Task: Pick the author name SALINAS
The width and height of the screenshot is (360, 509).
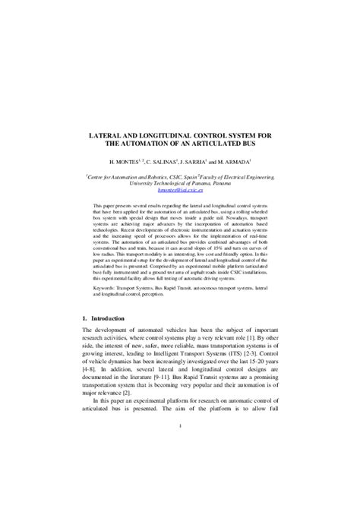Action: pos(166,163)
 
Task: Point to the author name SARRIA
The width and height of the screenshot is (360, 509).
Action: pos(202,163)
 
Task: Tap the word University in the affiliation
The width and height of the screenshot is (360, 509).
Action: pos(144,183)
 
